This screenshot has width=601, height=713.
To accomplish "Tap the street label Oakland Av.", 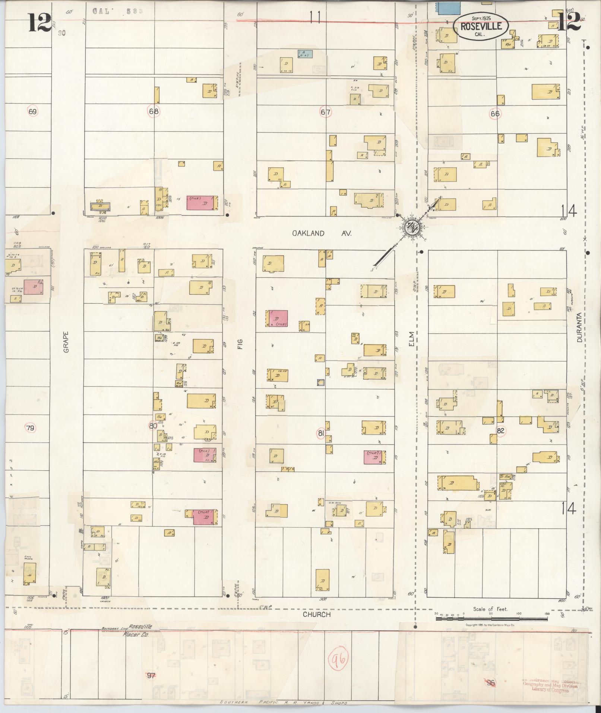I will (322, 233).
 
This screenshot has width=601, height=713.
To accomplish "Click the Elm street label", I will (411, 340).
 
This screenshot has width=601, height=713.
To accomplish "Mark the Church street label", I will (316, 614).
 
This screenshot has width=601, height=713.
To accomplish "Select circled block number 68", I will (154, 111).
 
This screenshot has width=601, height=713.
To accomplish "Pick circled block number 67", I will (326, 112).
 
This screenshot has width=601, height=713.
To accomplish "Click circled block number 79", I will (30, 428).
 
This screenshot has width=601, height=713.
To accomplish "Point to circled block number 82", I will (501, 430).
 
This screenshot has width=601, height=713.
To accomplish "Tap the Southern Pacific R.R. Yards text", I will (283, 703).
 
